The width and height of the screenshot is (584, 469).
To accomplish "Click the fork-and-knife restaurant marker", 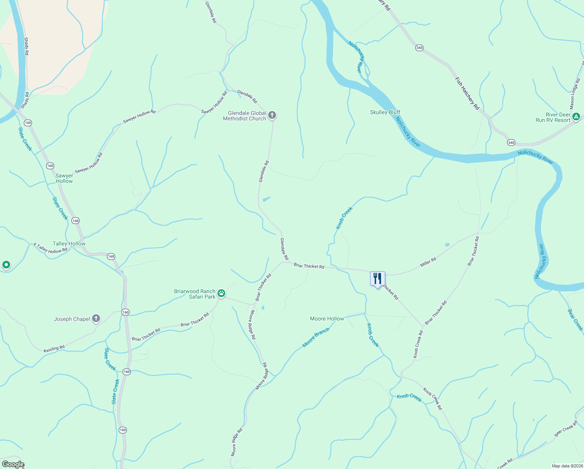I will tap(377, 279).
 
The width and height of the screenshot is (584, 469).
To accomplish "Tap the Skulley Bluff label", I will tap(385, 112).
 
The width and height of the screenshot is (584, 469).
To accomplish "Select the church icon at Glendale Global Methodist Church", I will tap(272, 115).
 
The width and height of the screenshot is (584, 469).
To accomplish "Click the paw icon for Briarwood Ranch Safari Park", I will tap(221, 294).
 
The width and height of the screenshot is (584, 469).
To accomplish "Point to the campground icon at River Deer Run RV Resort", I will tap(576, 116).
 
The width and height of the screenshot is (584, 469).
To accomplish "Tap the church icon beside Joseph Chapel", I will tap(96, 319).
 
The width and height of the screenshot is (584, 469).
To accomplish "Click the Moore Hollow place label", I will tap(327, 319).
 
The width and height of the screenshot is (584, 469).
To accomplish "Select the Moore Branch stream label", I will tap(316, 337).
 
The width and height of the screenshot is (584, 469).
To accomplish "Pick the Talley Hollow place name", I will tap(69, 243).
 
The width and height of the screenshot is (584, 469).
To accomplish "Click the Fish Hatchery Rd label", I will tap(467, 93).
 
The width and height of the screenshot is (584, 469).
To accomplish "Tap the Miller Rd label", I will tap(428, 262).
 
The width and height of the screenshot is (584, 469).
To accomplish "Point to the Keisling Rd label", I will tap(54, 348).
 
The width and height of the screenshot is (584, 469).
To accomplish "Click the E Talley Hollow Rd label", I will tap(50, 248).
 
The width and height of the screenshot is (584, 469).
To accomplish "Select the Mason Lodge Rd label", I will tap(575, 94).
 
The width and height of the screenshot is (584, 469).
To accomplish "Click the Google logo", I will tap(13, 464).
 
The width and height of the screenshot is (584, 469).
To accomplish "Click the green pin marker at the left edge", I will tap(6, 265).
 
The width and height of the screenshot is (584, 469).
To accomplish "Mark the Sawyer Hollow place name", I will tap(64, 178).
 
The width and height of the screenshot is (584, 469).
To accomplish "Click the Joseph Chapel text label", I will tap(72, 319).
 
